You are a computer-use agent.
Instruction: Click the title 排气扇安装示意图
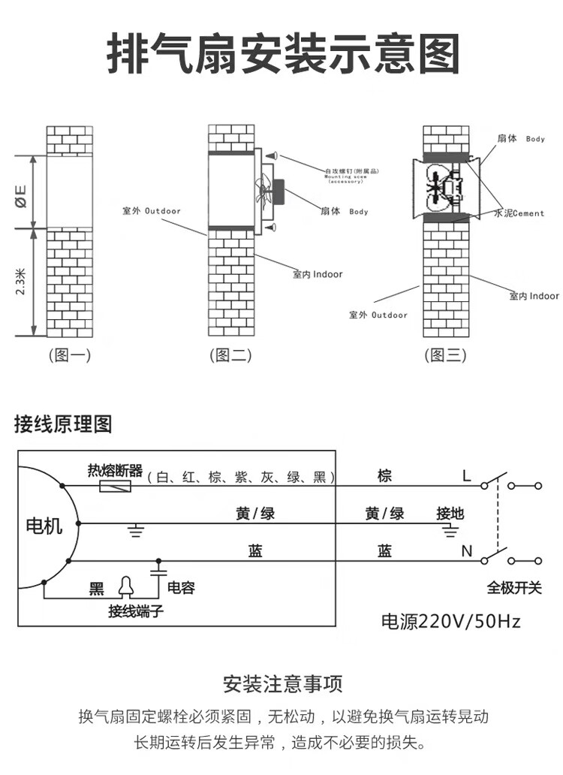pyautogui.click(x=282, y=55)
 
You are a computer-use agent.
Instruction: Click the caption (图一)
pyautogui.click(x=69, y=356)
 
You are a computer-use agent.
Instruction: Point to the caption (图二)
pyautogui.click(x=230, y=356)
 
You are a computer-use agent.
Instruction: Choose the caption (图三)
pyautogui.click(x=445, y=356)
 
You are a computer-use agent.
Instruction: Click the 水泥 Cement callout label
pyautogui.click(x=518, y=213)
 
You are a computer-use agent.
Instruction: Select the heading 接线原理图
pyautogui.click(x=63, y=424)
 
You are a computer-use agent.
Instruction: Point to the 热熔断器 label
pyautogui.click(x=115, y=471)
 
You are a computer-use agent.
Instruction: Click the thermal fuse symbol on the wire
pyautogui.click(x=116, y=487)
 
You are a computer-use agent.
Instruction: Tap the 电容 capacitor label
pyautogui.click(x=181, y=588)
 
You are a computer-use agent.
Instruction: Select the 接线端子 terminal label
pyautogui.click(x=135, y=612)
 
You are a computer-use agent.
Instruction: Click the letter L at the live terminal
pyautogui.click(x=466, y=475)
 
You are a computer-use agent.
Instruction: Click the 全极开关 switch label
pyautogui.click(x=513, y=588)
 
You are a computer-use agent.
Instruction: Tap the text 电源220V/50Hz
pyautogui.click(x=451, y=622)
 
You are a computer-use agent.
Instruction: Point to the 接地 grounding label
pyautogui.click(x=450, y=514)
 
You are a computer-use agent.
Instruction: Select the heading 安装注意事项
pyautogui.click(x=283, y=684)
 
